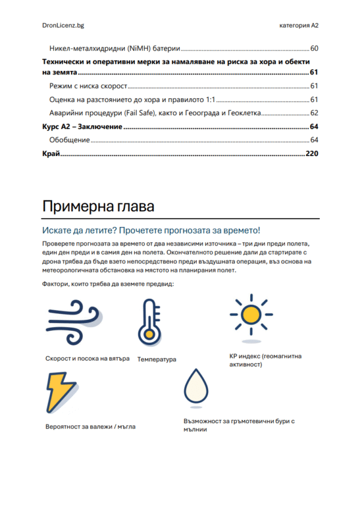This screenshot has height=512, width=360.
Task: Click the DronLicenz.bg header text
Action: (x=63, y=26)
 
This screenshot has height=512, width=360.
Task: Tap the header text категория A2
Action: (x=299, y=26)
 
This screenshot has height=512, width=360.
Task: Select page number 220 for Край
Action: (x=311, y=154)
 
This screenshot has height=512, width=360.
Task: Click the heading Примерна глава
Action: (x=98, y=206)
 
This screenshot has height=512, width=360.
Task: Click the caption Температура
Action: (x=157, y=360)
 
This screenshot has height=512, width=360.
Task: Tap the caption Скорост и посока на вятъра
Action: (x=88, y=358)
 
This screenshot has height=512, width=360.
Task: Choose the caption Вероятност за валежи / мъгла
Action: (x=90, y=427)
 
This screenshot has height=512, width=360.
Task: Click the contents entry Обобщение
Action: (x=70, y=140)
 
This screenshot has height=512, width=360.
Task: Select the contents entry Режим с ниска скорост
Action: (x=89, y=86)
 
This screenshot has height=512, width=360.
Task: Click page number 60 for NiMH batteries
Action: (x=314, y=48)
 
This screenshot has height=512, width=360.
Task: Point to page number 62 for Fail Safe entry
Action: (x=314, y=113)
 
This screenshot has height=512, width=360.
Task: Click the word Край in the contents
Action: (x=51, y=154)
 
